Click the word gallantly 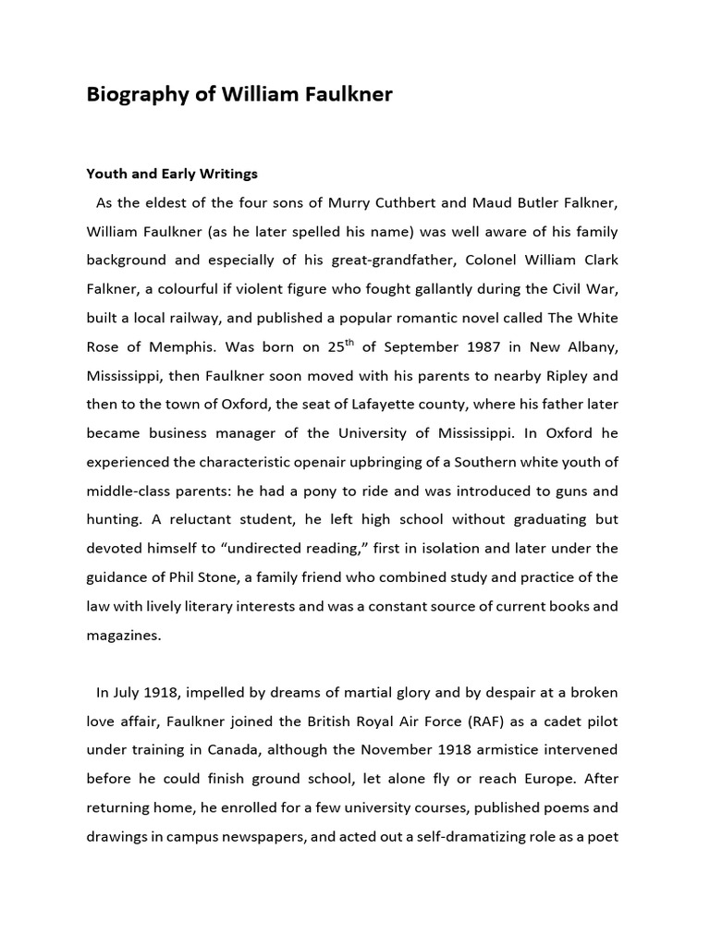(x=414, y=288)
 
